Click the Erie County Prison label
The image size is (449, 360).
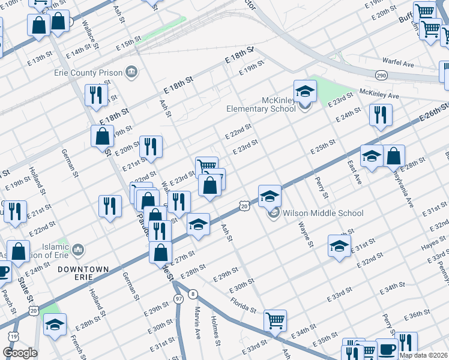[x=94, y=73]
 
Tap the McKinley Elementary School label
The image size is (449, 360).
[x=261, y=104]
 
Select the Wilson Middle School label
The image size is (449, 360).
[x=323, y=213]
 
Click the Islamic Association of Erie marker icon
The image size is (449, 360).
[x=77, y=248]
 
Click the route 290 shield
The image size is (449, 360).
[x=381, y=75]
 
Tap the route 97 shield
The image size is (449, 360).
[x=178, y=299]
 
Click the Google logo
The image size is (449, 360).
[x=20, y=353]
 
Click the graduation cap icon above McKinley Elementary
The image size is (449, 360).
[x=304, y=91]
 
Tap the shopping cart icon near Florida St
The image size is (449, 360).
[x=275, y=320]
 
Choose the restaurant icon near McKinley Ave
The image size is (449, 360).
[x=381, y=115]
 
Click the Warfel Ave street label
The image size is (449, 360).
[x=399, y=63]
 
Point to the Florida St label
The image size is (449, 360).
[x=243, y=304]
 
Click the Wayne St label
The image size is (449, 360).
[x=306, y=235]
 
